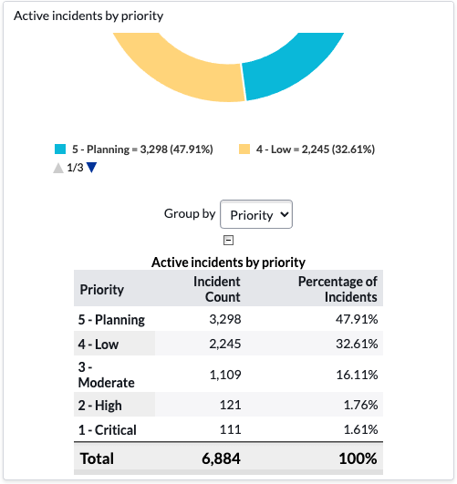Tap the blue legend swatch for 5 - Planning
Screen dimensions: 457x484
pyautogui.click(x=60, y=149)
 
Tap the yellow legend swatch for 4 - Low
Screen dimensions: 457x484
pyautogui.click(x=244, y=149)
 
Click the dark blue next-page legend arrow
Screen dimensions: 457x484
pyautogui.click(x=91, y=168)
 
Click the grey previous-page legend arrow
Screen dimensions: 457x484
pyautogui.click(x=58, y=168)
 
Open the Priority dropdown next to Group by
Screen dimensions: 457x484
pyautogui.click(x=256, y=214)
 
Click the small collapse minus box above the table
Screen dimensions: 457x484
pyautogui.click(x=228, y=240)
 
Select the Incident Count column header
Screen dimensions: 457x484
pyautogui.click(x=217, y=289)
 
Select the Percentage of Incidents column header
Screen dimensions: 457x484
pyautogui.click(x=338, y=289)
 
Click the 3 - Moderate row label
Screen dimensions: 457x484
pyautogui.click(x=107, y=375)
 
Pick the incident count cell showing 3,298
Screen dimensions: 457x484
pyautogui.click(x=225, y=319)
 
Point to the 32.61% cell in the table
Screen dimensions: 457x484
pyautogui.click(x=357, y=344)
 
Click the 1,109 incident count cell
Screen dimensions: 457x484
pyautogui.click(x=225, y=375)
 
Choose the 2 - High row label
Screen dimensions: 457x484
pyautogui.click(x=99, y=406)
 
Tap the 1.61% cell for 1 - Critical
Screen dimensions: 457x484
pyautogui.click(x=361, y=429)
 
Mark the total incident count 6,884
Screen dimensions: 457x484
pyautogui.click(x=222, y=458)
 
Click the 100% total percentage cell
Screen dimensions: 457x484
pyautogui.click(x=358, y=458)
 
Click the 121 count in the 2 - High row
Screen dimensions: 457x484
pyautogui.click(x=230, y=405)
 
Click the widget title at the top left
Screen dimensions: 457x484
pyautogui.click(x=88, y=16)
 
